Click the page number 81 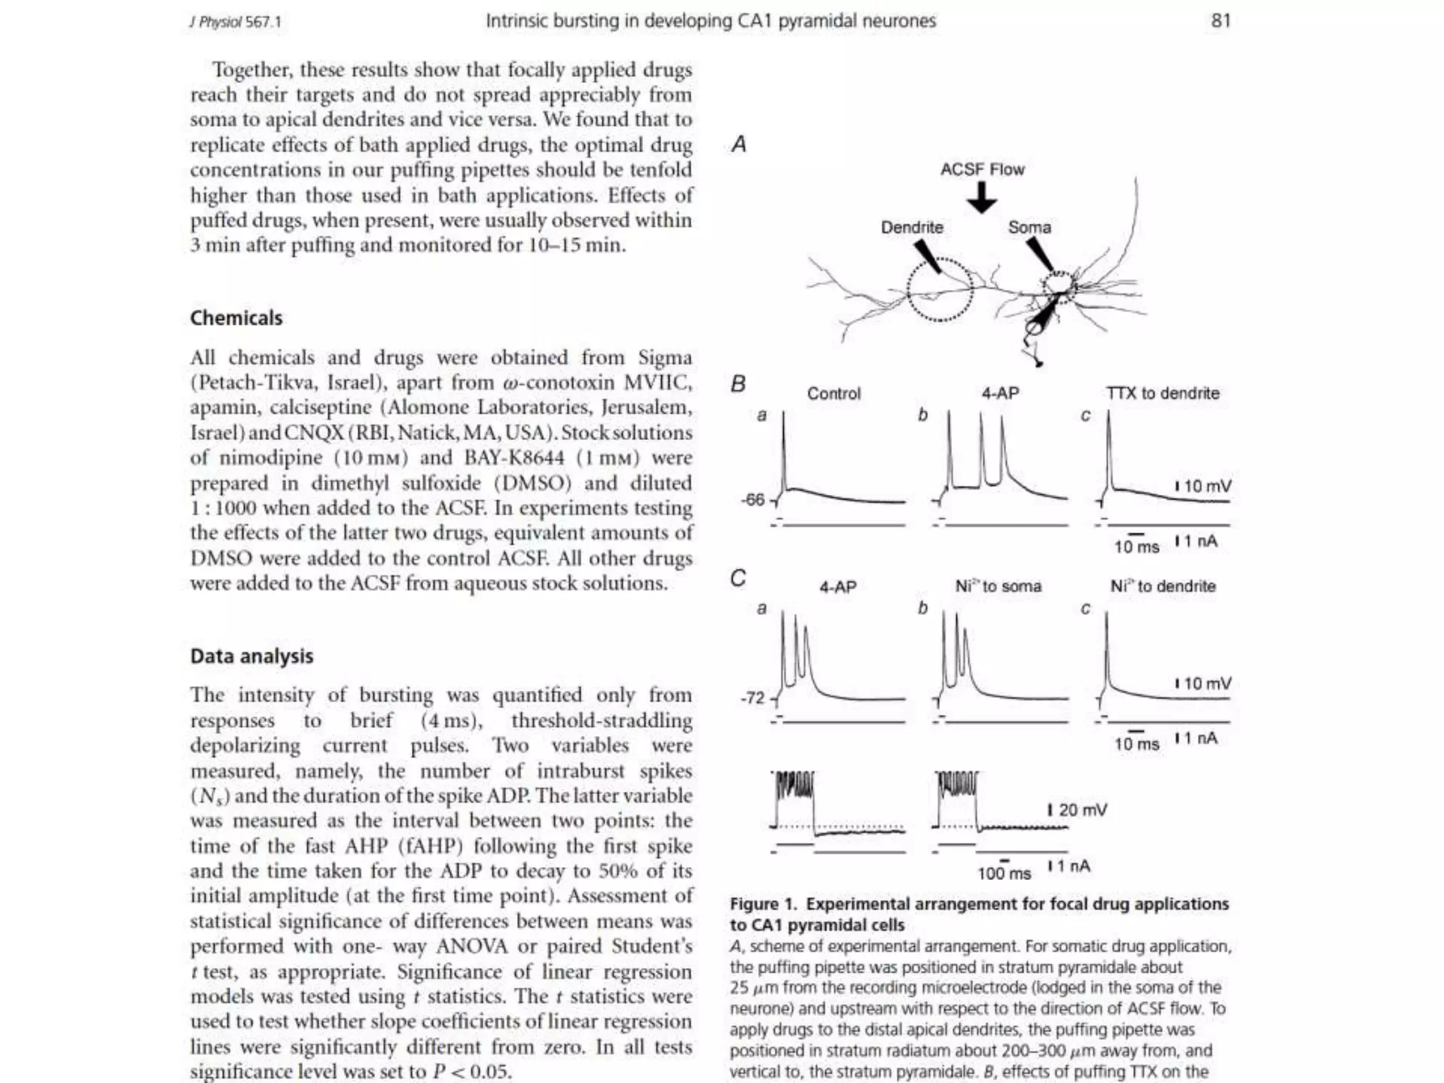[1220, 20]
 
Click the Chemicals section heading [236, 318]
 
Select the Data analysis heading [252, 656]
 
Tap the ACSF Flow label [982, 169]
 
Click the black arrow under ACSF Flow [982, 198]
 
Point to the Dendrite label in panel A [912, 227]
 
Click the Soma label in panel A [1029, 227]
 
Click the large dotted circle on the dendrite [940, 290]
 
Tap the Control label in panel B [833, 393]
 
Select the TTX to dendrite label [1163, 393]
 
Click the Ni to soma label [998, 587]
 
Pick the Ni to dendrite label [1163, 587]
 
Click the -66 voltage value [753, 500]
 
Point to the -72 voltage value [753, 698]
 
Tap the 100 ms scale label [1004, 874]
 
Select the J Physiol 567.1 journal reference [235, 22]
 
